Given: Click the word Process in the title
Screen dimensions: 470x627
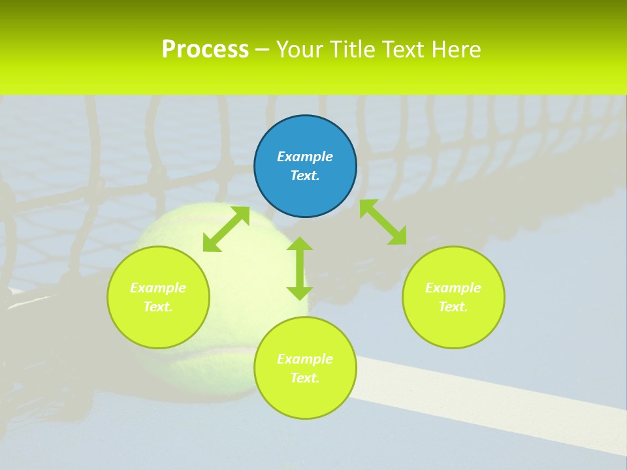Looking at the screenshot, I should [205, 50].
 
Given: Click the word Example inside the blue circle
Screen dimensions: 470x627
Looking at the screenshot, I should [305, 157].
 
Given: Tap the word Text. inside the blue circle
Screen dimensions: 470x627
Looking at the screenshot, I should [305, 176].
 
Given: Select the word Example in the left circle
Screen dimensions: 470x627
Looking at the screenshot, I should [158, 288].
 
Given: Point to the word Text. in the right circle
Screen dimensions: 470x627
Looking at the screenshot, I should [453, 307].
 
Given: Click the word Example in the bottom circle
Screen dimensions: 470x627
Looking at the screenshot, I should [305, 359].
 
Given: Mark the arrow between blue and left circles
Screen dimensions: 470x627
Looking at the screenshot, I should [226, 228].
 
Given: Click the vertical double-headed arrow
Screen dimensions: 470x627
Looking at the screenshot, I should [300, 268].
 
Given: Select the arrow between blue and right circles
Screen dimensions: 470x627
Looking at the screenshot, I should [383, 222].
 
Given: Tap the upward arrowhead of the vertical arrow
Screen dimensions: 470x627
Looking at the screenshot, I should [300, 243].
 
